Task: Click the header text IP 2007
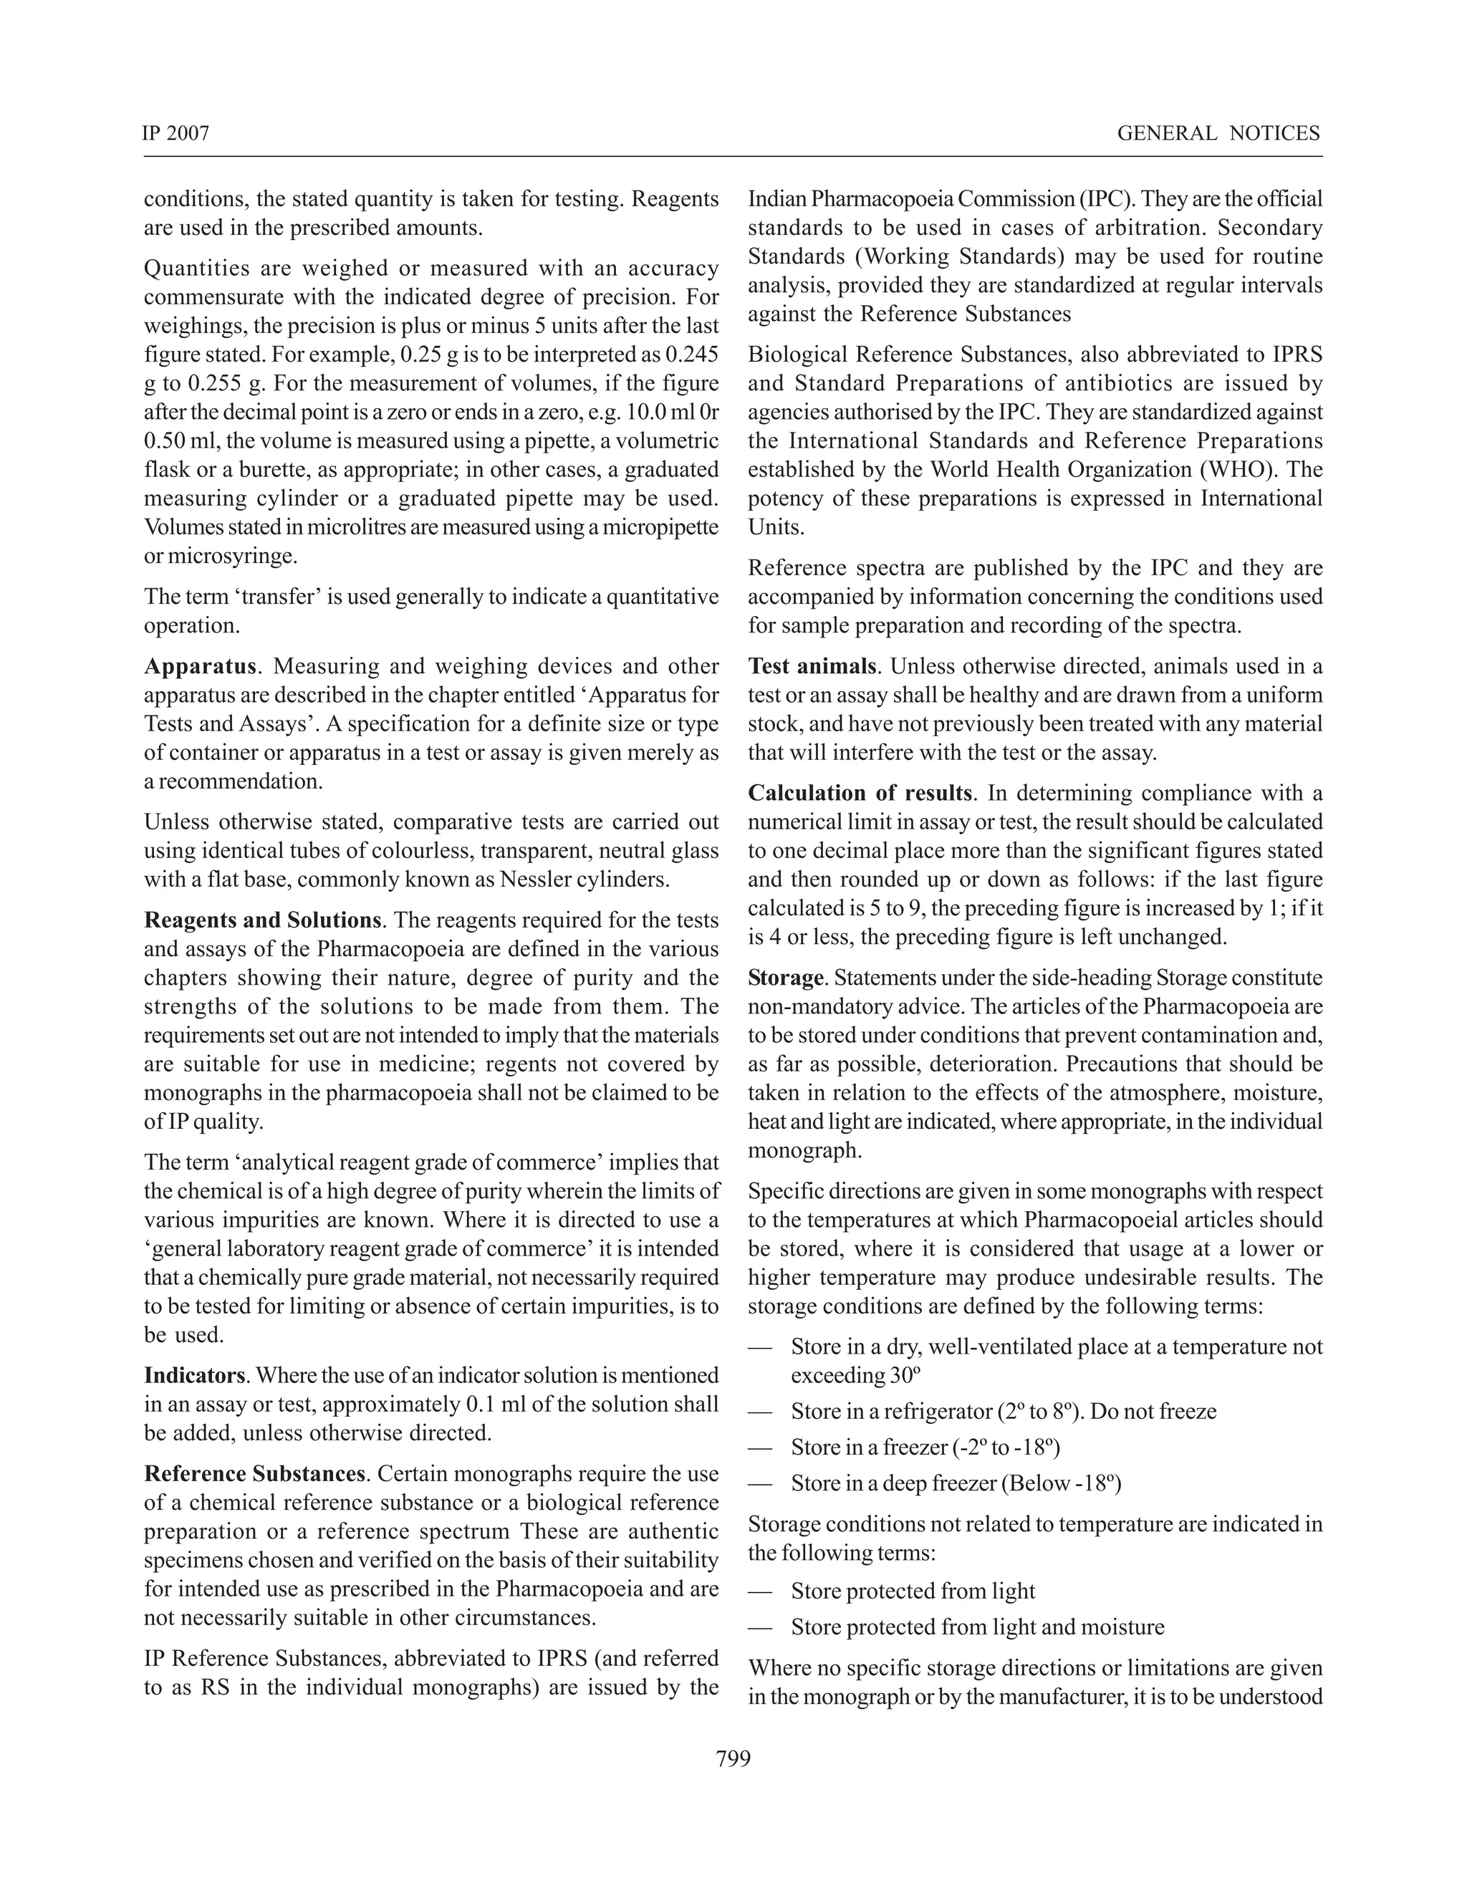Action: click(175, 133)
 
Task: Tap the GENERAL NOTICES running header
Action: click(1218, 133)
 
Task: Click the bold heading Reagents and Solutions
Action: click(262, 920)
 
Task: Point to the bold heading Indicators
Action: click(196, 1376)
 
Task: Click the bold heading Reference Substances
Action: click(254, 1474)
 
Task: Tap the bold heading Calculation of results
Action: click(860, 793)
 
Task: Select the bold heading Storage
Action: click(785, 978)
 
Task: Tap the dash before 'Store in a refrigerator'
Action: click(759, 1412)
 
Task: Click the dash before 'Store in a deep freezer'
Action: click(759, 1484)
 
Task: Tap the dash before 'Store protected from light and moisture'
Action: click(759, 1628)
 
